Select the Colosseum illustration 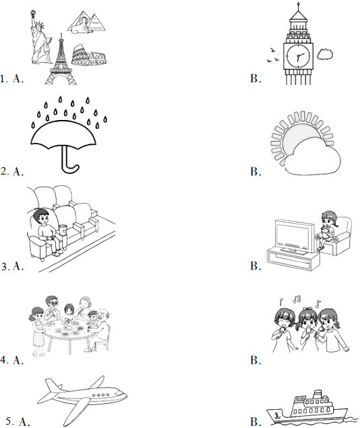coord(89,55)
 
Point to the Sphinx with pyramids coord(87,22)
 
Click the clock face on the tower coord(299,56)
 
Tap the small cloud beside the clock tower coord(325,55)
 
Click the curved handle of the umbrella coord(69,162)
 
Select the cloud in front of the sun coord(312,157)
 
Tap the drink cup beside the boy coord(63,230)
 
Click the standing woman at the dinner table coord(38,331)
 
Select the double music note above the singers coord(297,299)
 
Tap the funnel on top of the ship coord(317,394)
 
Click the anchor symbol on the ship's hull coord(278,416)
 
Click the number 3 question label coord(5,266)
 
